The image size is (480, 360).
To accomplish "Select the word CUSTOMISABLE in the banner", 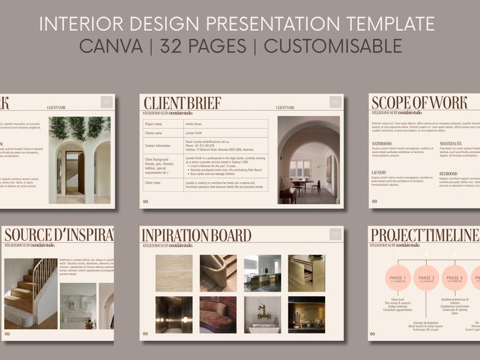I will pyautogui.click(x=332, y=46).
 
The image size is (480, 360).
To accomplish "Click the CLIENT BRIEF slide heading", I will pyautogui.click(x=182, y=103).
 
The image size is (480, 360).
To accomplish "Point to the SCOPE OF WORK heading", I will pyautogui.click(x=419, y=102).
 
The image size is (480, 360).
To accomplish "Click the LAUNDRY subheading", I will pyautogui.click(x=379, y=173).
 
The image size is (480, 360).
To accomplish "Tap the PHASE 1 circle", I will pyautogui.click(x=398, y=278).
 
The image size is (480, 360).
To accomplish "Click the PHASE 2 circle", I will pyautogui.click(x=426, y=278).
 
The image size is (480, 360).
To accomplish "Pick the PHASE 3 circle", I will pyautogui.click(x=455, y=278).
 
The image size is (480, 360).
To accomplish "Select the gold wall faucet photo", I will pyautogui.click(x=262, y=315).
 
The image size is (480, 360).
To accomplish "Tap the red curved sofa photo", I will pyautogui.click(x=218, y=315).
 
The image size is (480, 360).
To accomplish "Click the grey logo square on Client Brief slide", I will pyautogui.click(x=335, y=102).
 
